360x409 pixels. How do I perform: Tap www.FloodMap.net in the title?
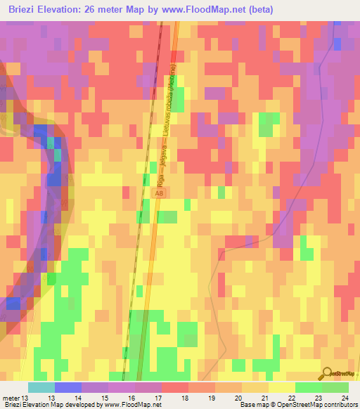[x=211, y=10]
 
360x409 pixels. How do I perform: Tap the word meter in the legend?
[x=11, y=398]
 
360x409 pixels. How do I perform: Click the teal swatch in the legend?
[x=41, y=387]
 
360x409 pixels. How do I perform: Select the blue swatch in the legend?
[x=67, y=387]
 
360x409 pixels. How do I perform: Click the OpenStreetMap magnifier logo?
[x=328, y=374]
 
